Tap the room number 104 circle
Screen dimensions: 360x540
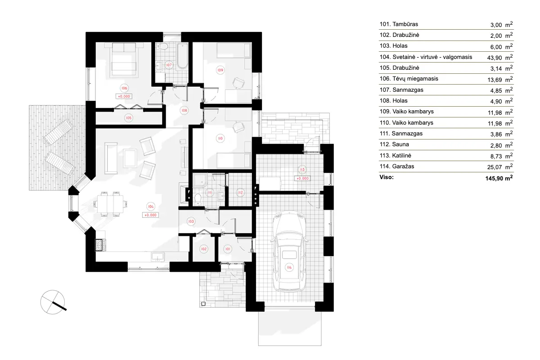click(151, 206)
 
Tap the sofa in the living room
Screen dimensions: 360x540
click(110, 158)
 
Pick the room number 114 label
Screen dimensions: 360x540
click(289, 268)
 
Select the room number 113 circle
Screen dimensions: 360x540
click(302, 169)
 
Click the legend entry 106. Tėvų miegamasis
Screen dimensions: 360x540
click(408, 79)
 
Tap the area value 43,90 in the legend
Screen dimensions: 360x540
click(495, 57)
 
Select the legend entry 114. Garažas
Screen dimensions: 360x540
click(397, 166)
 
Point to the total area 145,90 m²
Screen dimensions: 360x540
click(497, 178)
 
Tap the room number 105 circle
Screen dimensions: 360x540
click(129, 117)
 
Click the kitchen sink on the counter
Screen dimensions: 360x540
click(158, 256)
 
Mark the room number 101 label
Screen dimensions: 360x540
click(228, 249)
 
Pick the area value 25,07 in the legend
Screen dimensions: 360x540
click(495, 167)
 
